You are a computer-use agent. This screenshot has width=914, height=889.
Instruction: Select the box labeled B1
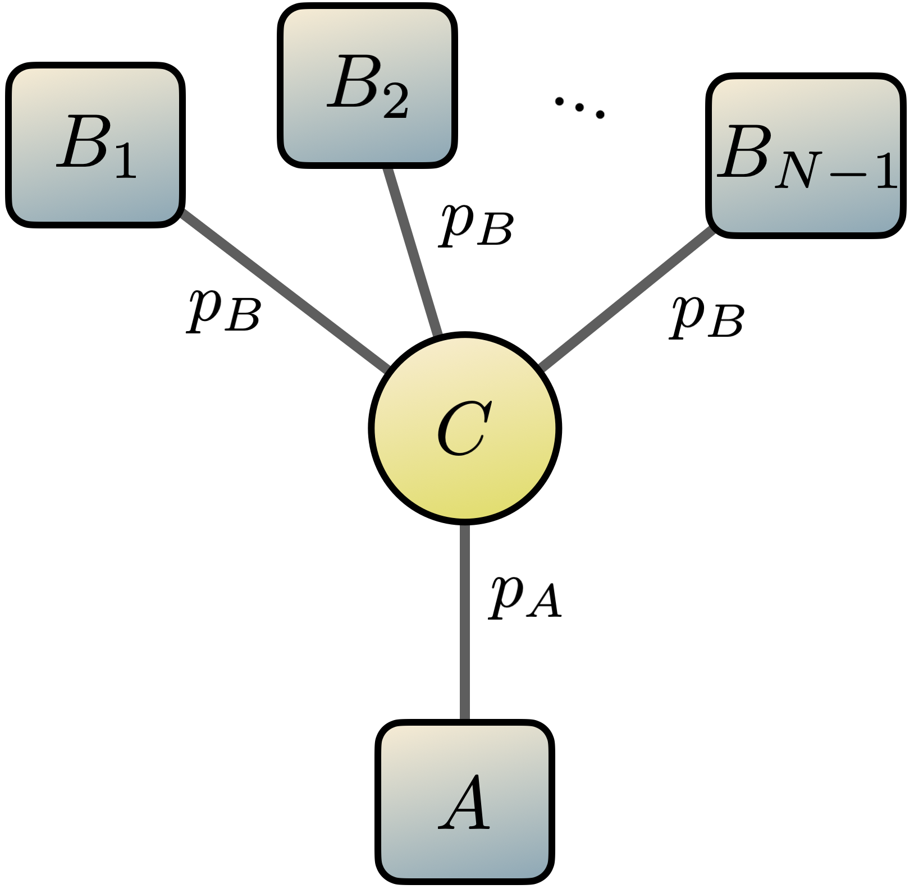click(x=95, y=145)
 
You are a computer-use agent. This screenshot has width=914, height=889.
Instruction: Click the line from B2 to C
click(x=413, y=250)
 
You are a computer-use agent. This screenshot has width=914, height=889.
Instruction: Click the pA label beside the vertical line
click(x=525, y=598)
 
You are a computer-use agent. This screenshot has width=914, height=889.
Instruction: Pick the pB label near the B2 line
click(x=476, y=224)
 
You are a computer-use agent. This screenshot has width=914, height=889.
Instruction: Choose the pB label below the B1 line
click(x=223, y=310)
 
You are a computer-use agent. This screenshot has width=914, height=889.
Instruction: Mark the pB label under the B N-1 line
click(x=707, y=317)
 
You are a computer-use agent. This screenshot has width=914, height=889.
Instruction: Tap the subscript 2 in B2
click(x=396, y=102)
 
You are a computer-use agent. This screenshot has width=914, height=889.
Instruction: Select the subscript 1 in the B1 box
click(x=126, y=163)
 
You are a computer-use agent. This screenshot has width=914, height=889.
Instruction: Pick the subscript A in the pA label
click(x=543, y=606)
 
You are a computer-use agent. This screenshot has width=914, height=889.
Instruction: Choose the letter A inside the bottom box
click(x=465, y=803)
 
